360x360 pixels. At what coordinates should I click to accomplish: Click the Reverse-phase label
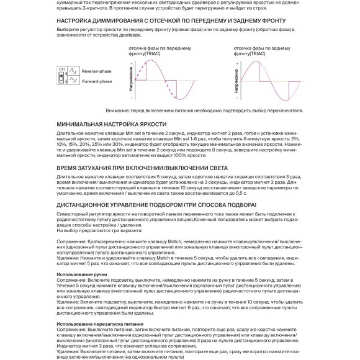96,71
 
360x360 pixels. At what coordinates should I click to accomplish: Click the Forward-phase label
96,81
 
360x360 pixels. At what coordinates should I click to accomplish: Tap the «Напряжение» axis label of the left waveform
132,81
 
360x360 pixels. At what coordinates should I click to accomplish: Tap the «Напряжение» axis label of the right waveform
240,81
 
